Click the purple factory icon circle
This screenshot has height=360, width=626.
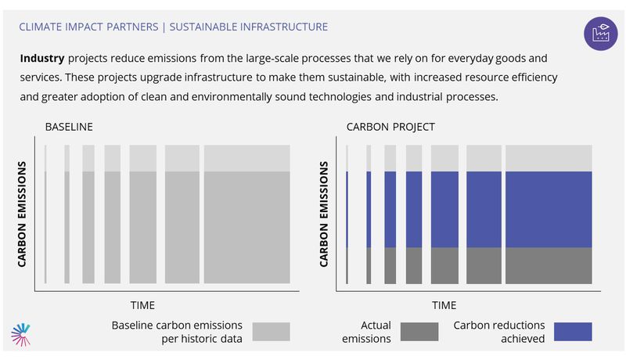pyautogui.click(x=600, y=34)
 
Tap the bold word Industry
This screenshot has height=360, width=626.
pyautogui.click(x=42, y=58)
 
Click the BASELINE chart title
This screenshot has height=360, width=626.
pyautogui.click(x=69, y=127)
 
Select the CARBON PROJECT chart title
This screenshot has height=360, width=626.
pyautogui.click(x=390, y=127)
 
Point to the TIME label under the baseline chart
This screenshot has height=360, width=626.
pyautogui.click(x=142, y=305)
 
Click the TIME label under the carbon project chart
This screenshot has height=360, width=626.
pyautogui.click(x=444, y=305)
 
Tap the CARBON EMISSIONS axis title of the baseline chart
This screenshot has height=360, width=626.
pyautogui.click(x=22, y=214)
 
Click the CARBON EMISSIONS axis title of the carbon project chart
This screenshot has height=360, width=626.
pyautogui.click(x=323, y=214)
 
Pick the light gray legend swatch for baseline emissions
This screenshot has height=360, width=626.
pyautogui.click(x=271, y=332)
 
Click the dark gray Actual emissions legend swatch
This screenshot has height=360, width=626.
pyautogui.click(x=419, y=332)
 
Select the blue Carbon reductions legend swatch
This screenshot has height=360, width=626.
pyautogui.click(x=573, y=332)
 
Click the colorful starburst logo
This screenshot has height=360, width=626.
pyautogui.click(x=21, y=334)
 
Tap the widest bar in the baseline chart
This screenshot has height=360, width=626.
pyautogui.click(x=247, y=214)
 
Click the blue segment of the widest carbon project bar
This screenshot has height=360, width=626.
pyautogui.click(x=549, y=210)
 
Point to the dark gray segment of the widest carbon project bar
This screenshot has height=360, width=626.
pyautogui.click(x=549, y=266)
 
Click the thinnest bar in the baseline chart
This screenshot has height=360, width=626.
pyautogui.click(x=45, y=214)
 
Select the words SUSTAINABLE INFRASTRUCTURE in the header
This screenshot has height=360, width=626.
pyautogui.click(x=248, y=27)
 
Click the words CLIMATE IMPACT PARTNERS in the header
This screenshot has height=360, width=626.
pyautogui.click(x=88, y=27)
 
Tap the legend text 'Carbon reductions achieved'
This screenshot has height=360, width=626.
pyautogui.click(x=499, y=332)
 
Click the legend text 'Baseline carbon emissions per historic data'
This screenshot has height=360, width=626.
pyautogui.click(x=177, y=332)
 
